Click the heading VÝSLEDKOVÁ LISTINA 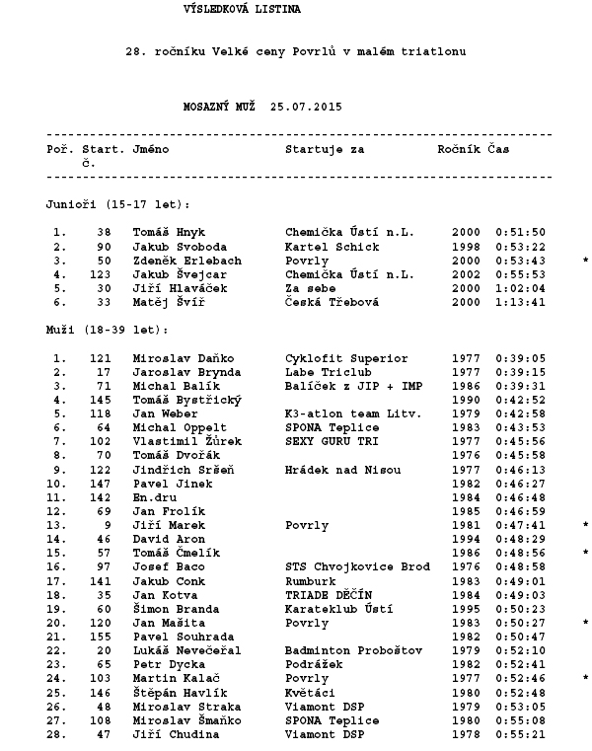tap(243, 9)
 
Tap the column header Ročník tap(459, 149)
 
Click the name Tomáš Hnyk tap(169, 233)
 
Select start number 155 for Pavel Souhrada tap(101, 637)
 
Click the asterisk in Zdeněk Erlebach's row tap(586, 261)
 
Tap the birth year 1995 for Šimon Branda tap(466, 609)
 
